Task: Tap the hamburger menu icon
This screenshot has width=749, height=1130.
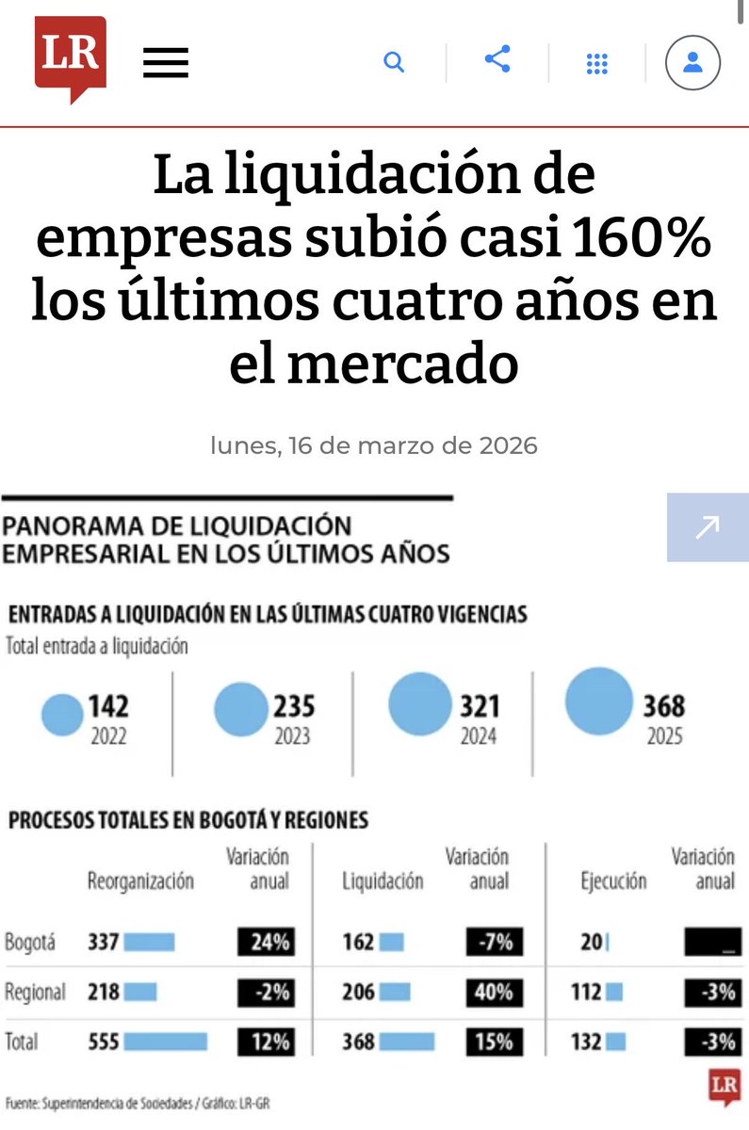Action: tap(166, 63)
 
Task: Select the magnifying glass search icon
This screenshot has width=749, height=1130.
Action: tap(394, 63)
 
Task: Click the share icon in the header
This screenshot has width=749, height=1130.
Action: tap(497, 60)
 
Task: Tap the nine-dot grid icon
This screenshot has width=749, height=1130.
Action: tap(596, 64)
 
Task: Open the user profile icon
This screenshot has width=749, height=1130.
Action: tap(692, 63)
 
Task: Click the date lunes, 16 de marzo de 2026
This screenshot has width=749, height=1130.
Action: tap(374, 444)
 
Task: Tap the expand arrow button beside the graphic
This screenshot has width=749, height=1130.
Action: tap(707, 526)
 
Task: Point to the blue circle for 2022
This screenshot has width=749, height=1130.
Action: tap(63, 716)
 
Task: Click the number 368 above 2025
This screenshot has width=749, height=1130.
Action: tap(663, 706)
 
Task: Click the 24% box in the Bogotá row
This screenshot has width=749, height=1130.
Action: tap(265, 942)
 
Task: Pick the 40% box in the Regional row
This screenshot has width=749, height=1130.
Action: tap(494, 992)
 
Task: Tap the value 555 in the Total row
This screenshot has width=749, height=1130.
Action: tap(103, 1042)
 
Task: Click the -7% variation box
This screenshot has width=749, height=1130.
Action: tap(494, 942)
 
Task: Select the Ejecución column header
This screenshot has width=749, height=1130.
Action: tap(613, 881)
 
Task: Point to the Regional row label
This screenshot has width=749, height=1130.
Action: tap(35, 992)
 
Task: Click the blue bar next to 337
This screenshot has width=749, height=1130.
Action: tap(149, 942)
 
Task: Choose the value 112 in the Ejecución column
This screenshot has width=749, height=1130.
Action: tap(586, 992)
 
